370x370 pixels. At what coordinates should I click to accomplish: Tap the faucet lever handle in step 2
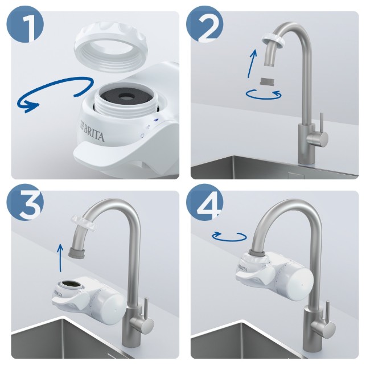tap(322, 122)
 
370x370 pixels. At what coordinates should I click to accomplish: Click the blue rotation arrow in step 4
tap(229, 236)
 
